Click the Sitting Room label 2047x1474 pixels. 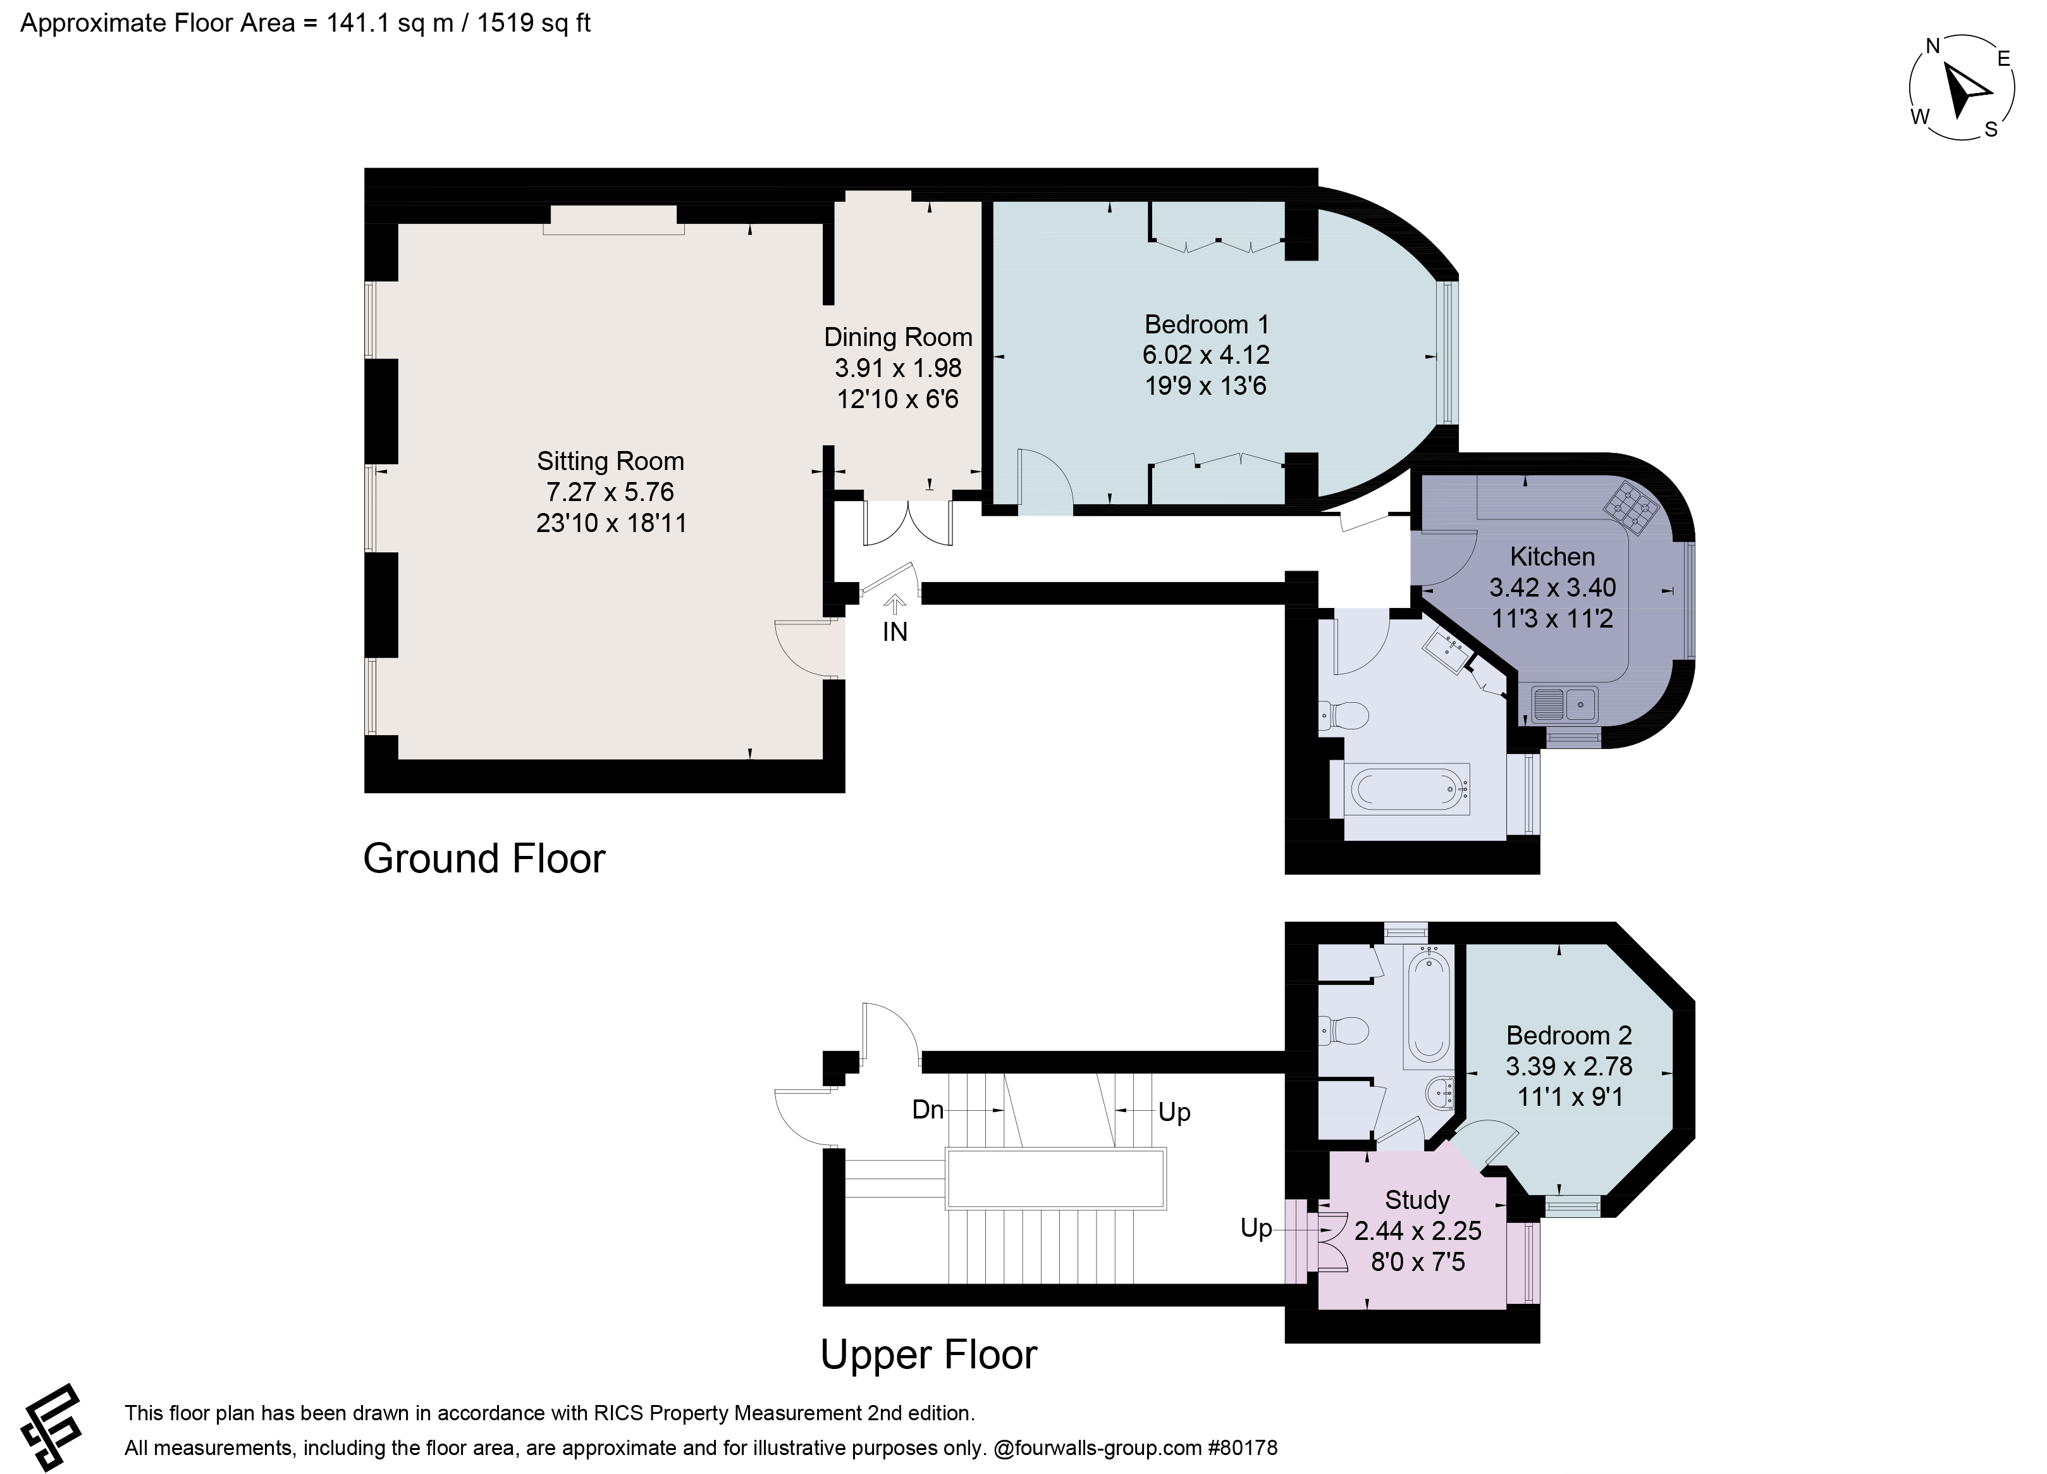[610, 461]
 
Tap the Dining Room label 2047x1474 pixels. [898, 338]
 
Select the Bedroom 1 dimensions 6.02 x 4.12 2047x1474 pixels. [1206, 355]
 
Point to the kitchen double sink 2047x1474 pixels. [1565, 703]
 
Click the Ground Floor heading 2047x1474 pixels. [484, 858]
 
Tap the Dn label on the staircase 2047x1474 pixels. [928, 1110]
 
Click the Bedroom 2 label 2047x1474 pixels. [1569, 1036]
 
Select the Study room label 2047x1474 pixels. [1417, 1201]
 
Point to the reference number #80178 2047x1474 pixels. [1243, 1449]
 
